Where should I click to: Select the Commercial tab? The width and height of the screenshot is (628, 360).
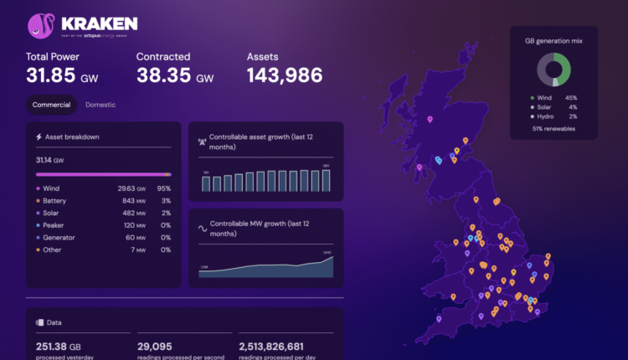pyautogui.click(x=51, y=105)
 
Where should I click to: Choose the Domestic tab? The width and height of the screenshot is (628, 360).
pyautogui.click(x=100, y=105)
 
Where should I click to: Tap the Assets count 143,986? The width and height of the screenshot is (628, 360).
pyautogui.click(x=285, y=75)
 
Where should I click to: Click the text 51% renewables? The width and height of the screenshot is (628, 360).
pyautogui.click(x=553, y=130)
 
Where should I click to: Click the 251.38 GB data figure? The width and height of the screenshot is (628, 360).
pyautogui.click(x=59, y=346)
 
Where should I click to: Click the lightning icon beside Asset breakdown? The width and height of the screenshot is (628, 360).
pyautogui.click(x=39, y=136)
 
